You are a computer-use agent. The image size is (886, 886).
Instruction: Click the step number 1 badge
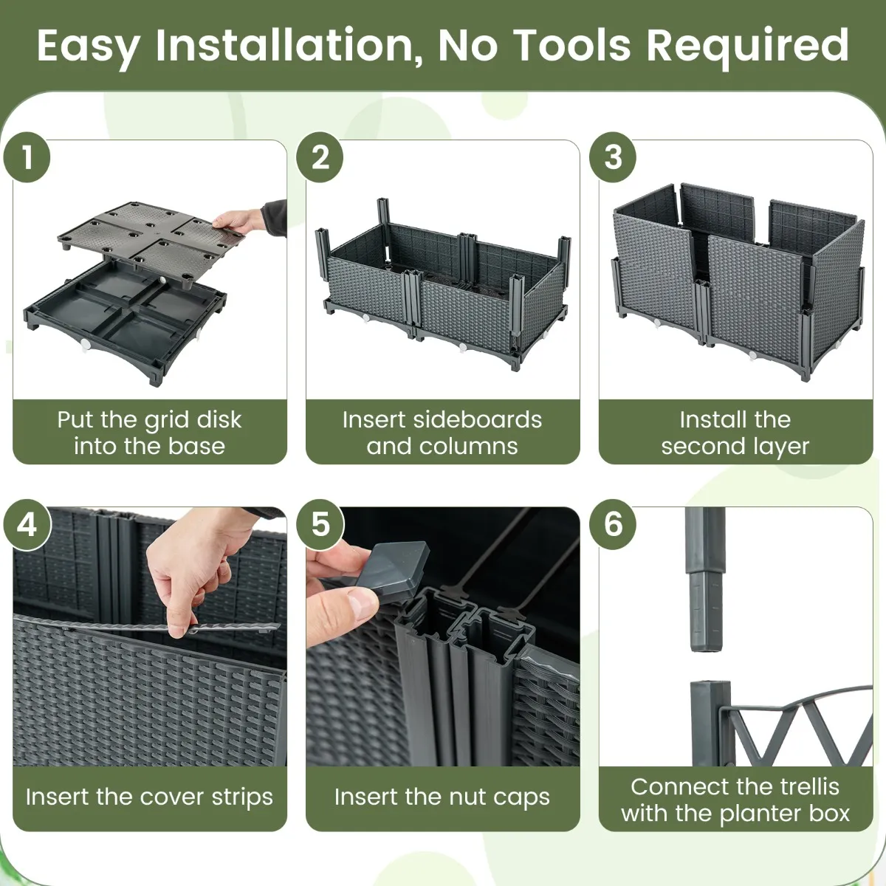point(27,157)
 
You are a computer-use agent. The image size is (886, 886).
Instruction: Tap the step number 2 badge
point(320,157)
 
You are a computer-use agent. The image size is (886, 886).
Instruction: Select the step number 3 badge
point(613,157)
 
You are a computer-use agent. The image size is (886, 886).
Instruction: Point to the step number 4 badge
point(27,524)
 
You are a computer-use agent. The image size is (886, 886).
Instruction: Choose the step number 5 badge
point(320,524)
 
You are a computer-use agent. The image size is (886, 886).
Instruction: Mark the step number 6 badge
point(613,524)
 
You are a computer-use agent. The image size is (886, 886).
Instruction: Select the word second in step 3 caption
point(696,447)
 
